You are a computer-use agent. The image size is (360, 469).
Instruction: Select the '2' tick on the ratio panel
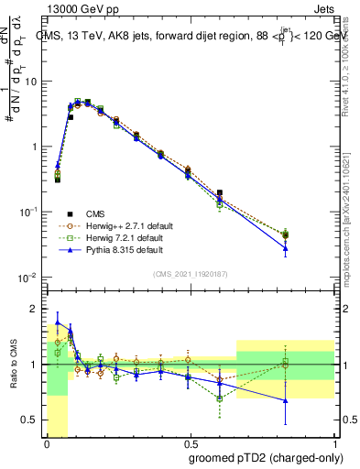(x=35, y=308)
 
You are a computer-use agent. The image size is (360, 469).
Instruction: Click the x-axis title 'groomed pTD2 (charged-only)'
(x=267, y=456)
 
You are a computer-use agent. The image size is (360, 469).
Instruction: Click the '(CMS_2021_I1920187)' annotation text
(x=190, y=272)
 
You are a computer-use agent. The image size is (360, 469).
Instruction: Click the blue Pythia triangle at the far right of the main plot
(x=311, y=247)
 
